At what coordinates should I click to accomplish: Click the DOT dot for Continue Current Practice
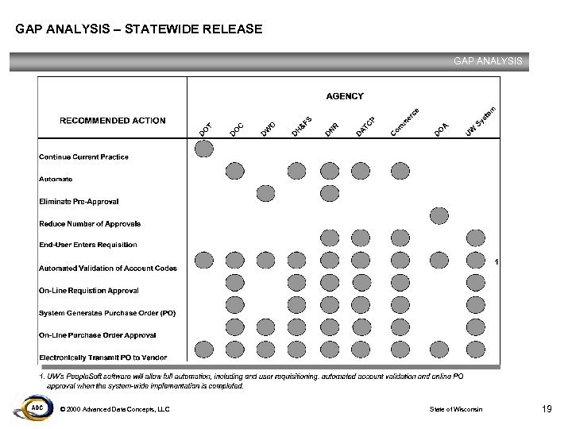click(x=203, y=148)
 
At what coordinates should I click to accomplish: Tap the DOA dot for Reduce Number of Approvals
click(x=439, y=214)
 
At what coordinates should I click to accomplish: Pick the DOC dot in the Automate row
click(x=234, y=170)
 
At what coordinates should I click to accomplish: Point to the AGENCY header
click(x=345, y=96)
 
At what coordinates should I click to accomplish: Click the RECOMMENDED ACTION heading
click(x=113, y=121)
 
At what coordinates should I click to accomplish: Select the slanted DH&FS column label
click(x=301, y=126)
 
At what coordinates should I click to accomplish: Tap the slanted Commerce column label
click(x=404, y=121)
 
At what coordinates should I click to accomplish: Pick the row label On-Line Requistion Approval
click(x=89, y=291)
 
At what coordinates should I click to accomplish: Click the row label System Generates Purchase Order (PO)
click(x=107, y=313)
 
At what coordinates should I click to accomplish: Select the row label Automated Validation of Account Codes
click(x=108, y=269)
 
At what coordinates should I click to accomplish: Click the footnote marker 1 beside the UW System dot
click(x=497, y=261)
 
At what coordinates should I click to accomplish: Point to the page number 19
click(x=546, y=408)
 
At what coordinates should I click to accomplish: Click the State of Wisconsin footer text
click(x=454, y=409)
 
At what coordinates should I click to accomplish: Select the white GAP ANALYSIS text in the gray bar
click(x=487, y=60)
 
